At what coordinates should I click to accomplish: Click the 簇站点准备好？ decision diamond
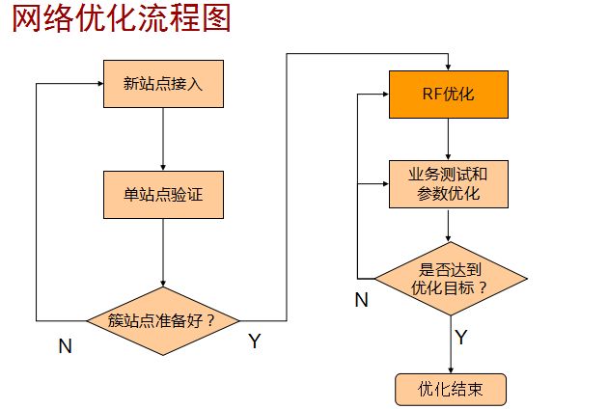coord(164,319)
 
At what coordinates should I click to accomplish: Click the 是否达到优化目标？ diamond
coord(451,280)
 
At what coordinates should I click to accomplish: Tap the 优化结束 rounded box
coord(451,389)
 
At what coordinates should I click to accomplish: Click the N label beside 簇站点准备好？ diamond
coord(66,346)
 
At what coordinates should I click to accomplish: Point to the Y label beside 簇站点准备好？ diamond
coord(254,341)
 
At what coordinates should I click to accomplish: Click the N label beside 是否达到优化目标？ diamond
coord(361,299)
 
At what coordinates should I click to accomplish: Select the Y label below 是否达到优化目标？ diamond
coord(461,337)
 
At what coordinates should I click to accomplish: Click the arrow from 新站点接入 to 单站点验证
coord(163,139)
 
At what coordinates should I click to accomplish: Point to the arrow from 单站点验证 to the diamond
coord(163,253)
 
